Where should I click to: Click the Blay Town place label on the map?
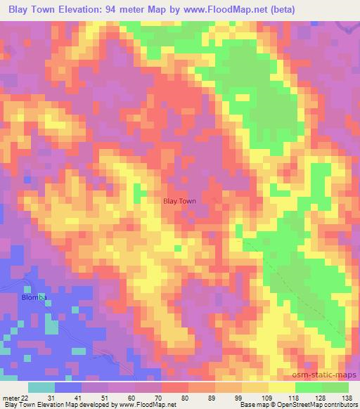click(x=179, y=201)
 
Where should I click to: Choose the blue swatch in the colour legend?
click(x=67, y=387)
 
